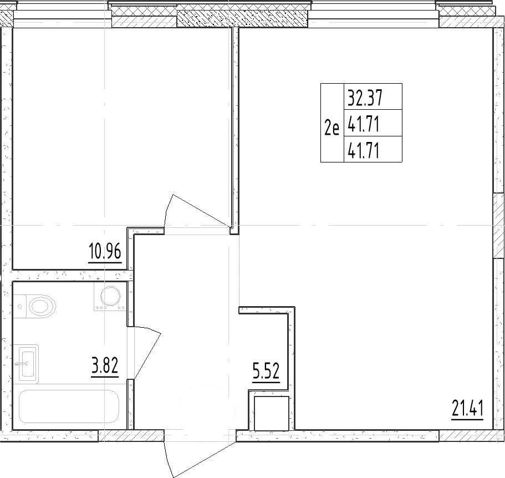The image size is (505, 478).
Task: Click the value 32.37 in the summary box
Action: click(x=366, y=98)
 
